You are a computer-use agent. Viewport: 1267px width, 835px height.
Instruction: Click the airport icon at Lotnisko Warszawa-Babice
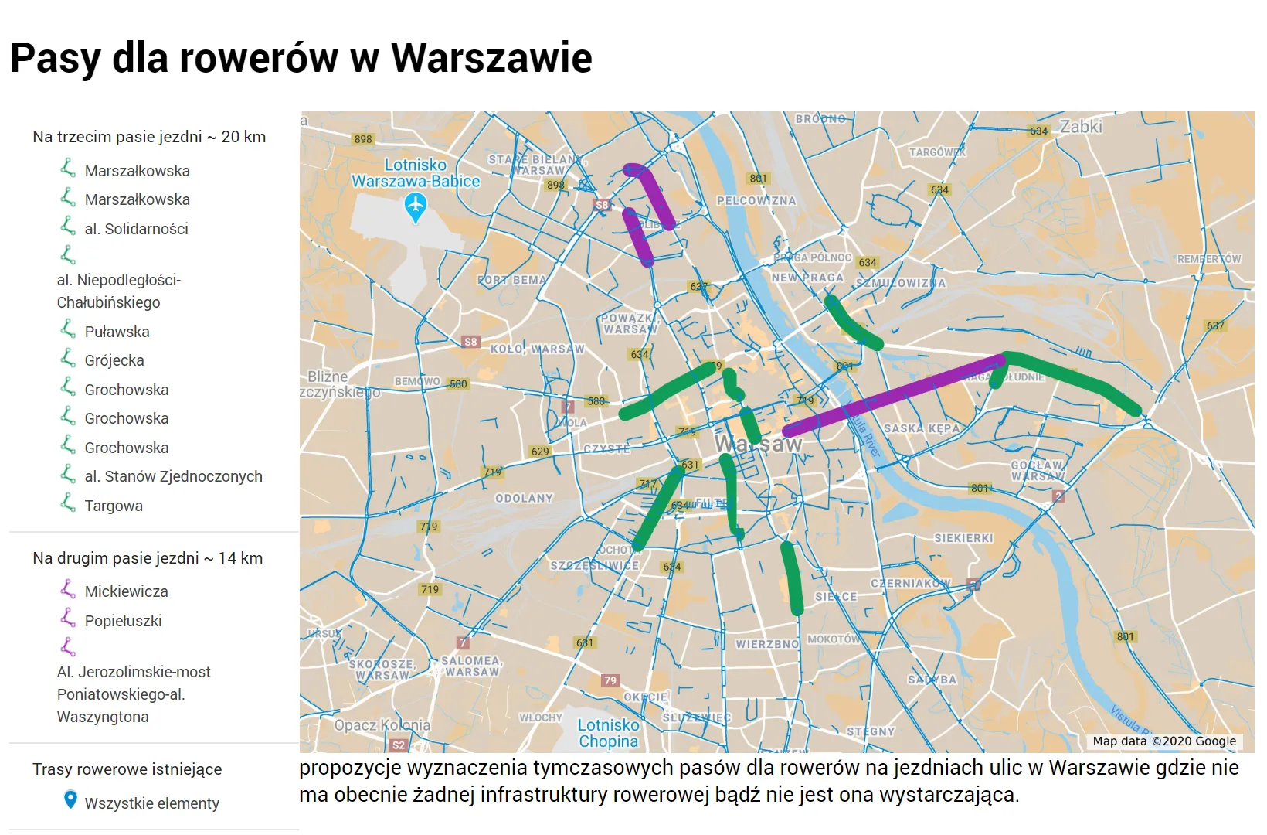(x=416, y=206)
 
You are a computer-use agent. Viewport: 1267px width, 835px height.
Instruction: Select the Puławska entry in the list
(x=117, y=332)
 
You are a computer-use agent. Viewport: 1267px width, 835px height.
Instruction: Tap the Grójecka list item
(x=114, y=360)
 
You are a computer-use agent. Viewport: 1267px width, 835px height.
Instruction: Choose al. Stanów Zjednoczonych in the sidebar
(x=173, y=476)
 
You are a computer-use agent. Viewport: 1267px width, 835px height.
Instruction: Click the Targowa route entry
(x=114, y=506)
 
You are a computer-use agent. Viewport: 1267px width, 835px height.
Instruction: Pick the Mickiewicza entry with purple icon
(x=126, y=591)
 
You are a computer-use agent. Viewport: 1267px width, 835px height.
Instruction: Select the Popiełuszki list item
(x=123, y=621)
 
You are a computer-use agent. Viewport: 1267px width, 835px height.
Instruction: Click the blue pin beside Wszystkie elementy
(x=70, y=800)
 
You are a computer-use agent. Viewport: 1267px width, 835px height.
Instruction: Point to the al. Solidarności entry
(x=136, y=229)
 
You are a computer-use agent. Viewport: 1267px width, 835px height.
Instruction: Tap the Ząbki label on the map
(x=1080, y=127)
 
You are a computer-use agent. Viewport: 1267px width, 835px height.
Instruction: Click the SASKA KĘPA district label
(x=922, y=428)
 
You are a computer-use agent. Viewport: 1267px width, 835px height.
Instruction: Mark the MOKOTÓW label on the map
(x=834, y=639)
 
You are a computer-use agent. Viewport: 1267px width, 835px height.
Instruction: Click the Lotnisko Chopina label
(x=609, y=733)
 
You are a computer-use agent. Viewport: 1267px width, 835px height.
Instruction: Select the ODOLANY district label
(x=524, y=499)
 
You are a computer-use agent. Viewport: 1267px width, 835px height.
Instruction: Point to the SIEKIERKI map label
(x=963, y=538)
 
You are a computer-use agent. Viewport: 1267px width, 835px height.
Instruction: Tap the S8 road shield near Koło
(x=470, y=342)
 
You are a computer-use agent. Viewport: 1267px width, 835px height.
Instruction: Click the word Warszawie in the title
(x=491, y=58)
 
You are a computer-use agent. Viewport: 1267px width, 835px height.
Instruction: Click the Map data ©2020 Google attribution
(x=1164, y=741)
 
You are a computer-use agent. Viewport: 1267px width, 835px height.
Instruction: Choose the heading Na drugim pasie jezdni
(x=148, y=558)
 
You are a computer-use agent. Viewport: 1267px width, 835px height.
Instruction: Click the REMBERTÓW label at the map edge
(x=1209, y=259)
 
